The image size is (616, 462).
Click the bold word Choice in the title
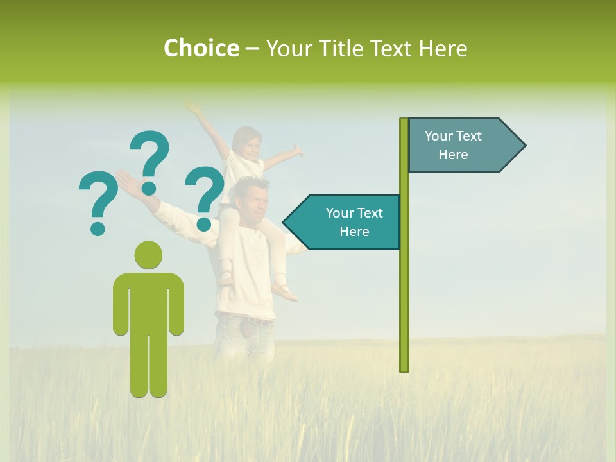[x=201, y=48]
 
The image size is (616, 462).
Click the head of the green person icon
[x=148, y=255]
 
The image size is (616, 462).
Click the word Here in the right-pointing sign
[x=453, y=155]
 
